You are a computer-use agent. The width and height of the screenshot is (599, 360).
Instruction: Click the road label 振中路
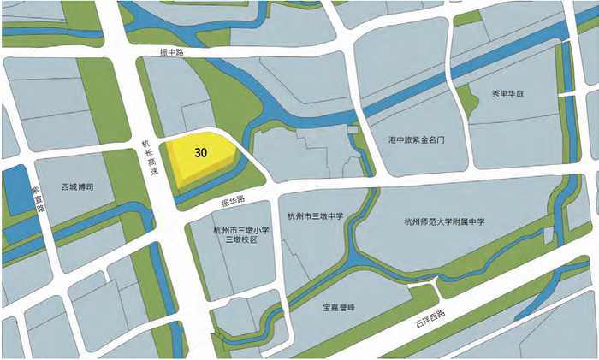[x=173, y=51]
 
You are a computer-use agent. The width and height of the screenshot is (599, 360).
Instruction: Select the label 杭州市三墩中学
[x=314, y=217]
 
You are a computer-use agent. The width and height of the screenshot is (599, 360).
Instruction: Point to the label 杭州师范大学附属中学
[x=445, y=221]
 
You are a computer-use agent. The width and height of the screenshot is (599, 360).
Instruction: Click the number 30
[x=201, y=153]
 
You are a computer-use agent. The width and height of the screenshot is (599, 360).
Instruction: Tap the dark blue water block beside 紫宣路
[x=15, y=190]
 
